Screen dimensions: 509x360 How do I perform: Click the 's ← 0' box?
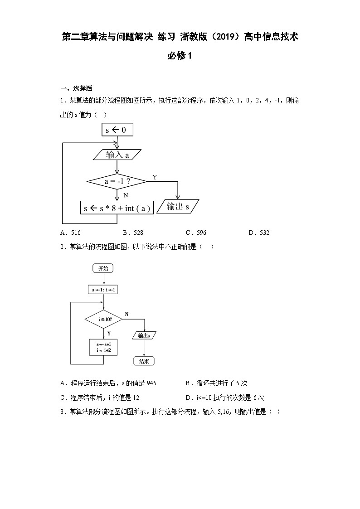coord(117,130)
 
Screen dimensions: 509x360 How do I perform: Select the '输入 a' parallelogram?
coord(117,155)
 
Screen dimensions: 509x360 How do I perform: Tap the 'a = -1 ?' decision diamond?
coord(117,182)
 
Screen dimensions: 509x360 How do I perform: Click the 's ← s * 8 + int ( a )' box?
coord(117,208)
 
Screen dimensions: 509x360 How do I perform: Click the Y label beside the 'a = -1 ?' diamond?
coord(155,177)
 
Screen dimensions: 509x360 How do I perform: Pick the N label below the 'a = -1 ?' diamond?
coord(126,195)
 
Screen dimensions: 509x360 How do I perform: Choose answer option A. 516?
coord(70,233)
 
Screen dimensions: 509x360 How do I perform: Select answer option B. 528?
coord(133,233)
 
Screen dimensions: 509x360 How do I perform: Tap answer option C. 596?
coord(196,233)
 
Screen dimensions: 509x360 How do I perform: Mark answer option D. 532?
coord(259,233)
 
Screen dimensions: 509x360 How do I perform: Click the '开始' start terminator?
coord(103,268)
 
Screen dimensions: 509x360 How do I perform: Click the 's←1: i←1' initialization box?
coord(103,290)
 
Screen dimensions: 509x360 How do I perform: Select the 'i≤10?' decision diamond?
coord(104,320)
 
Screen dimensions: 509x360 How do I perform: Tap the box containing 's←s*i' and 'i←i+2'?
coord(104,348)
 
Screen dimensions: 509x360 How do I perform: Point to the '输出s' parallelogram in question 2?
coord(144,335)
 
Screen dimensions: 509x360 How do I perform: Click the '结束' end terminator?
coord(144,361)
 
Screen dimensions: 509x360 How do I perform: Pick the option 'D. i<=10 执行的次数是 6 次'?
coord(224,398)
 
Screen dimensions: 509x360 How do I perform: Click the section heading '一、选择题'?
coord(76,88)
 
